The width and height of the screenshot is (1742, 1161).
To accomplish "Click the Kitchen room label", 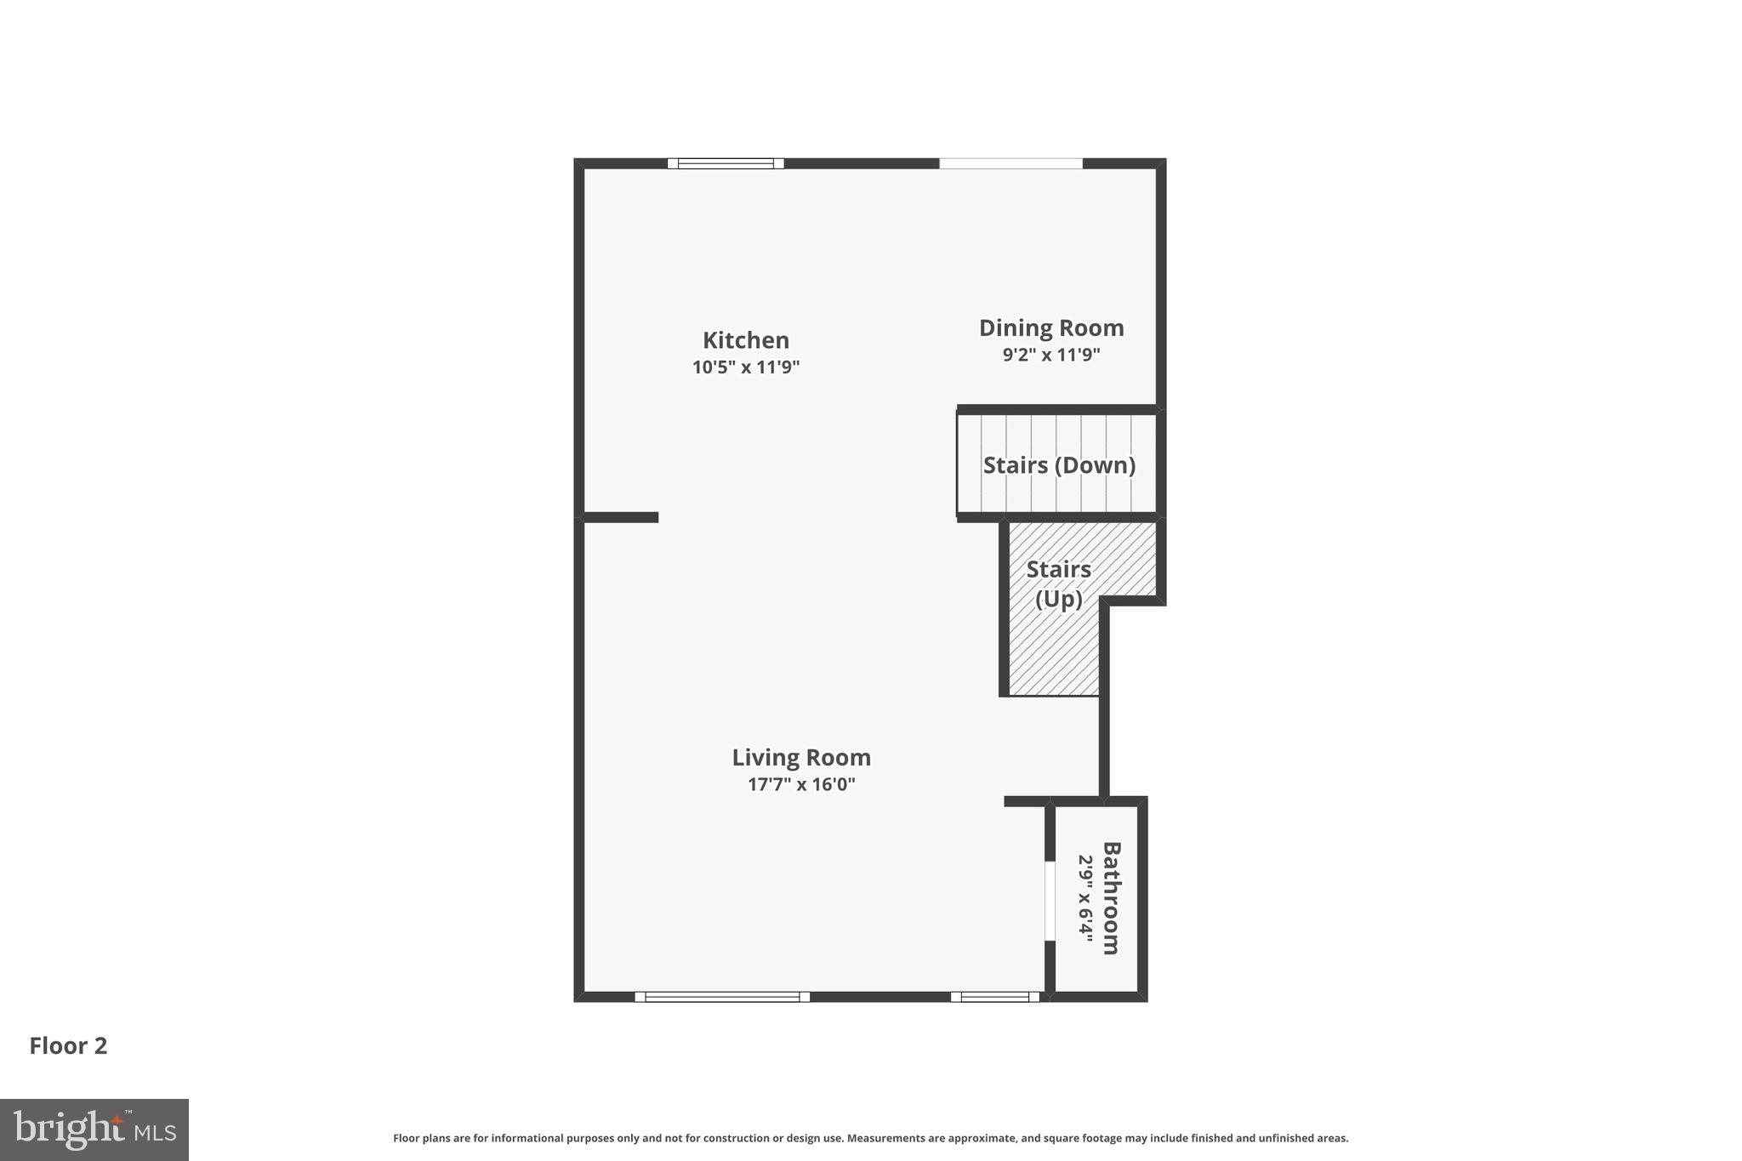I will pos(746,340).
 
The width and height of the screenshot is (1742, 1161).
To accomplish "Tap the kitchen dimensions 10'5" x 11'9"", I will pos(746,367).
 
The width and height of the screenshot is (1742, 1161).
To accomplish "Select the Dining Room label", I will pos(1051,327).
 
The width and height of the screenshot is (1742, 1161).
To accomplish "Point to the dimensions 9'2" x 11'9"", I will pos(1051,355).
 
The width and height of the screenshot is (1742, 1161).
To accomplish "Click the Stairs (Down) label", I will pos(1059,465).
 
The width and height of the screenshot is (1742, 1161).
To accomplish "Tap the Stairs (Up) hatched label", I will pos(1058,584).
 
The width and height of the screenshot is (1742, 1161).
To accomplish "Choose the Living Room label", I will pos(801,757).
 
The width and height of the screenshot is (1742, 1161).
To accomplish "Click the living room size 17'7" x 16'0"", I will pos(801,784).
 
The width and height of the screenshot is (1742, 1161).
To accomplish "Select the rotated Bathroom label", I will pos(1111,898).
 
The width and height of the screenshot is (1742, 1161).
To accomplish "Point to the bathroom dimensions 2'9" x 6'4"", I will pos(1085,898).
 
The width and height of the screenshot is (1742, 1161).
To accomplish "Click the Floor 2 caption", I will pos(69,1046).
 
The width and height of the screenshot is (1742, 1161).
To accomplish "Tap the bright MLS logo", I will pos(94,1130).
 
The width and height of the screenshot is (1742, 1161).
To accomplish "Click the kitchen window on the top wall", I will pos(726,163).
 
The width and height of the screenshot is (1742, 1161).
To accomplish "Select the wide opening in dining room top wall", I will pos(1010,163).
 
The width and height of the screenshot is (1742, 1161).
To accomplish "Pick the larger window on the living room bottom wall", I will pos(722,997).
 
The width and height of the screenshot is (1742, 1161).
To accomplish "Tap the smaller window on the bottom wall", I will pos(995,997).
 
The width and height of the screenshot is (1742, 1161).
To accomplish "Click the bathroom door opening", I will pos(1050,901).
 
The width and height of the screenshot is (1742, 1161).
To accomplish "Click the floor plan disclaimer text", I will pos(870,1138).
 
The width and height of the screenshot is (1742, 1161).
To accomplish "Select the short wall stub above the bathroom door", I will pos(1027,801).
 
